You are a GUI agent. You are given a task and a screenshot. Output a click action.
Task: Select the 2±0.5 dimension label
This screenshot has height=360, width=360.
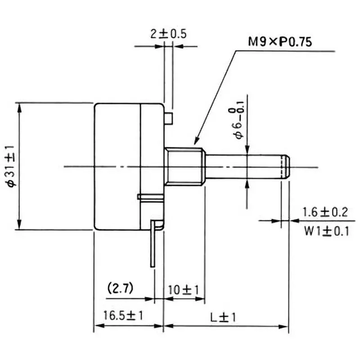click(x=168, y=34)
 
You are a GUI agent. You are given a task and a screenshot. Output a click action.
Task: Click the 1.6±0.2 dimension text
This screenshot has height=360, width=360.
click(x=325, y=212)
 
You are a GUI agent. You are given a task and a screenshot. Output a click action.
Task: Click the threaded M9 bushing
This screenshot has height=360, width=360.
click(x=184, y=166)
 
